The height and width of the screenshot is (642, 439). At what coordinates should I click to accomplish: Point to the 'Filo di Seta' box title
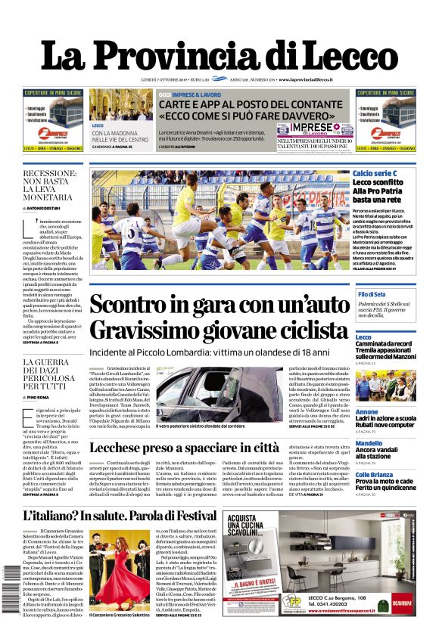(x=372, y=294)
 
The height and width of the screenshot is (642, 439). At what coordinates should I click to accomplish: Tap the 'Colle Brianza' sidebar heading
(x=373, y=474)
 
